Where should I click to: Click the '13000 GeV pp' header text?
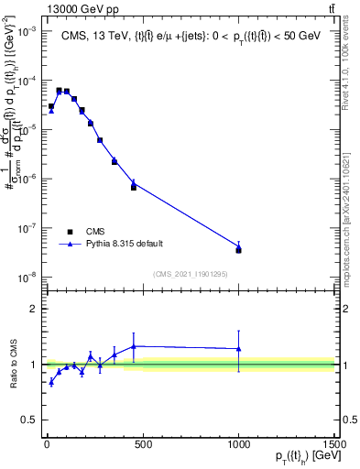tap(80, 8)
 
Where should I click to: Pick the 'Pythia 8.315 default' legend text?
tap(125, 244)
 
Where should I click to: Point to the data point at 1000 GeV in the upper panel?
tap(238, 248)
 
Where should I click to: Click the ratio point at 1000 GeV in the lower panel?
tap(238, 349)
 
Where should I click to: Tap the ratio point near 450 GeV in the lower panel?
tap(134, 346)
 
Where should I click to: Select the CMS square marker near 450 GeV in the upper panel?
tap(134, 187)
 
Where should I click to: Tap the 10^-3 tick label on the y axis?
tap(27, 30)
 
